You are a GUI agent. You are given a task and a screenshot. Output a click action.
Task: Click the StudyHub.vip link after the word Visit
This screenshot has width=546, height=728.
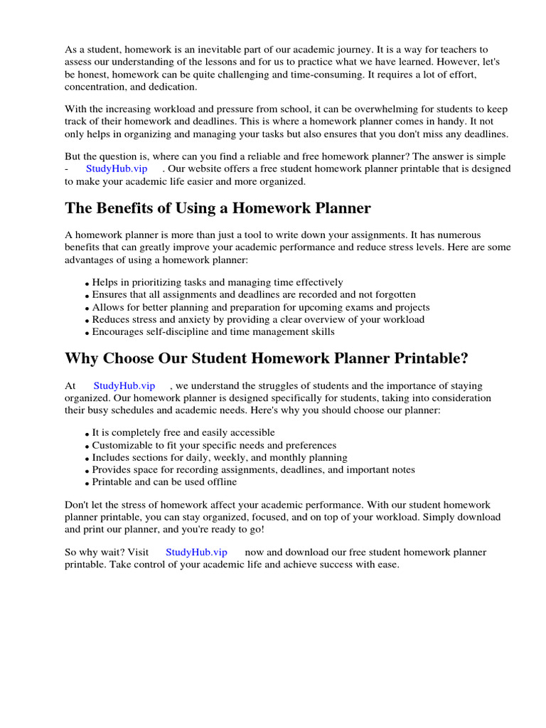coord(196,552)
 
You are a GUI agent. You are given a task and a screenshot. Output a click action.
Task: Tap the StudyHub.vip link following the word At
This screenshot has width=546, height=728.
coord(124,385)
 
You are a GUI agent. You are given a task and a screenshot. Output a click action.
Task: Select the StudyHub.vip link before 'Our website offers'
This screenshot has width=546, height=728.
coord(117,168)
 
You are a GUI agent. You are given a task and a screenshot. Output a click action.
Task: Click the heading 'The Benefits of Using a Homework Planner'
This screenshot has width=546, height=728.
coord(218,208)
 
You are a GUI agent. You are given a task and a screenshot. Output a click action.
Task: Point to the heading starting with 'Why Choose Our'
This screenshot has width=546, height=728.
coord(267,358)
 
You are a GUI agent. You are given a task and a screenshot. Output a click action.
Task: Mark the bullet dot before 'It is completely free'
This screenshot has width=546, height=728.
coord(87,434)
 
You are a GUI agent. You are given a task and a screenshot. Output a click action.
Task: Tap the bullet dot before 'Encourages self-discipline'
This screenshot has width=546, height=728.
coord(87,333)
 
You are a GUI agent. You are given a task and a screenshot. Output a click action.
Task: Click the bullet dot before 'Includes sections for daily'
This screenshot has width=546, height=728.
coord(87,459)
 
